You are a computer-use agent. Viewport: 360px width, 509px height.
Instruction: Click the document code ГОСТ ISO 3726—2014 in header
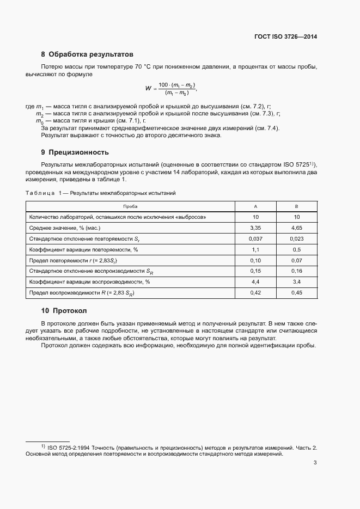click(285, 37)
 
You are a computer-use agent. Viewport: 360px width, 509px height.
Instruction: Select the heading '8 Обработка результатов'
click(87, 54)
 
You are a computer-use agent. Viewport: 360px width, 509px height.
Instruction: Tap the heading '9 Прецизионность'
click(75, 152)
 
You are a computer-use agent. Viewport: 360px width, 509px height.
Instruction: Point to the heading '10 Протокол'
click(64, 311)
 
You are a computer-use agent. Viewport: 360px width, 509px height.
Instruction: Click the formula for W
click(170, 89)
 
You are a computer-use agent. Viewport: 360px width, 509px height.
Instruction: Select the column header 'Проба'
click(130, 206)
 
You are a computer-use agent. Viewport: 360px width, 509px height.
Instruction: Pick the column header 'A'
click(255, 206)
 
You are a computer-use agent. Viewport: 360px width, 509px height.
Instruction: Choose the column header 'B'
click(297, 206)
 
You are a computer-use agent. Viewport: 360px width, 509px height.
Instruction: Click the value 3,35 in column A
click(255, 228)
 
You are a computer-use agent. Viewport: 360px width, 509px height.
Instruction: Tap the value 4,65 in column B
click(297, 228)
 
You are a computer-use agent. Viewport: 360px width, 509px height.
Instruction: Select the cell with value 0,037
click(255, 238)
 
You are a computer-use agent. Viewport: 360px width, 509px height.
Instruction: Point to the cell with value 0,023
click(297, 238)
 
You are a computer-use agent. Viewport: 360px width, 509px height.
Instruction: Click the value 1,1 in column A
click(255, 249)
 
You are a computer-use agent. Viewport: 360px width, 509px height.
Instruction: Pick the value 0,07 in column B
click(297, 260)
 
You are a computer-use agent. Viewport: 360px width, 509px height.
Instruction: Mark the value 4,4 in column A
click(255, 282)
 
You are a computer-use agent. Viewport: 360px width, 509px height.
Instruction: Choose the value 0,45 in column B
click(297, 293)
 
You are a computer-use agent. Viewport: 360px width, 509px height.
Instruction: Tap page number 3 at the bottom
click(315, 463)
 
